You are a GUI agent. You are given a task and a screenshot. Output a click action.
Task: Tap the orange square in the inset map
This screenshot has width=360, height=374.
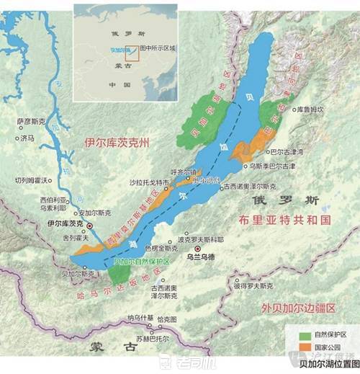[x=132, y=51]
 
